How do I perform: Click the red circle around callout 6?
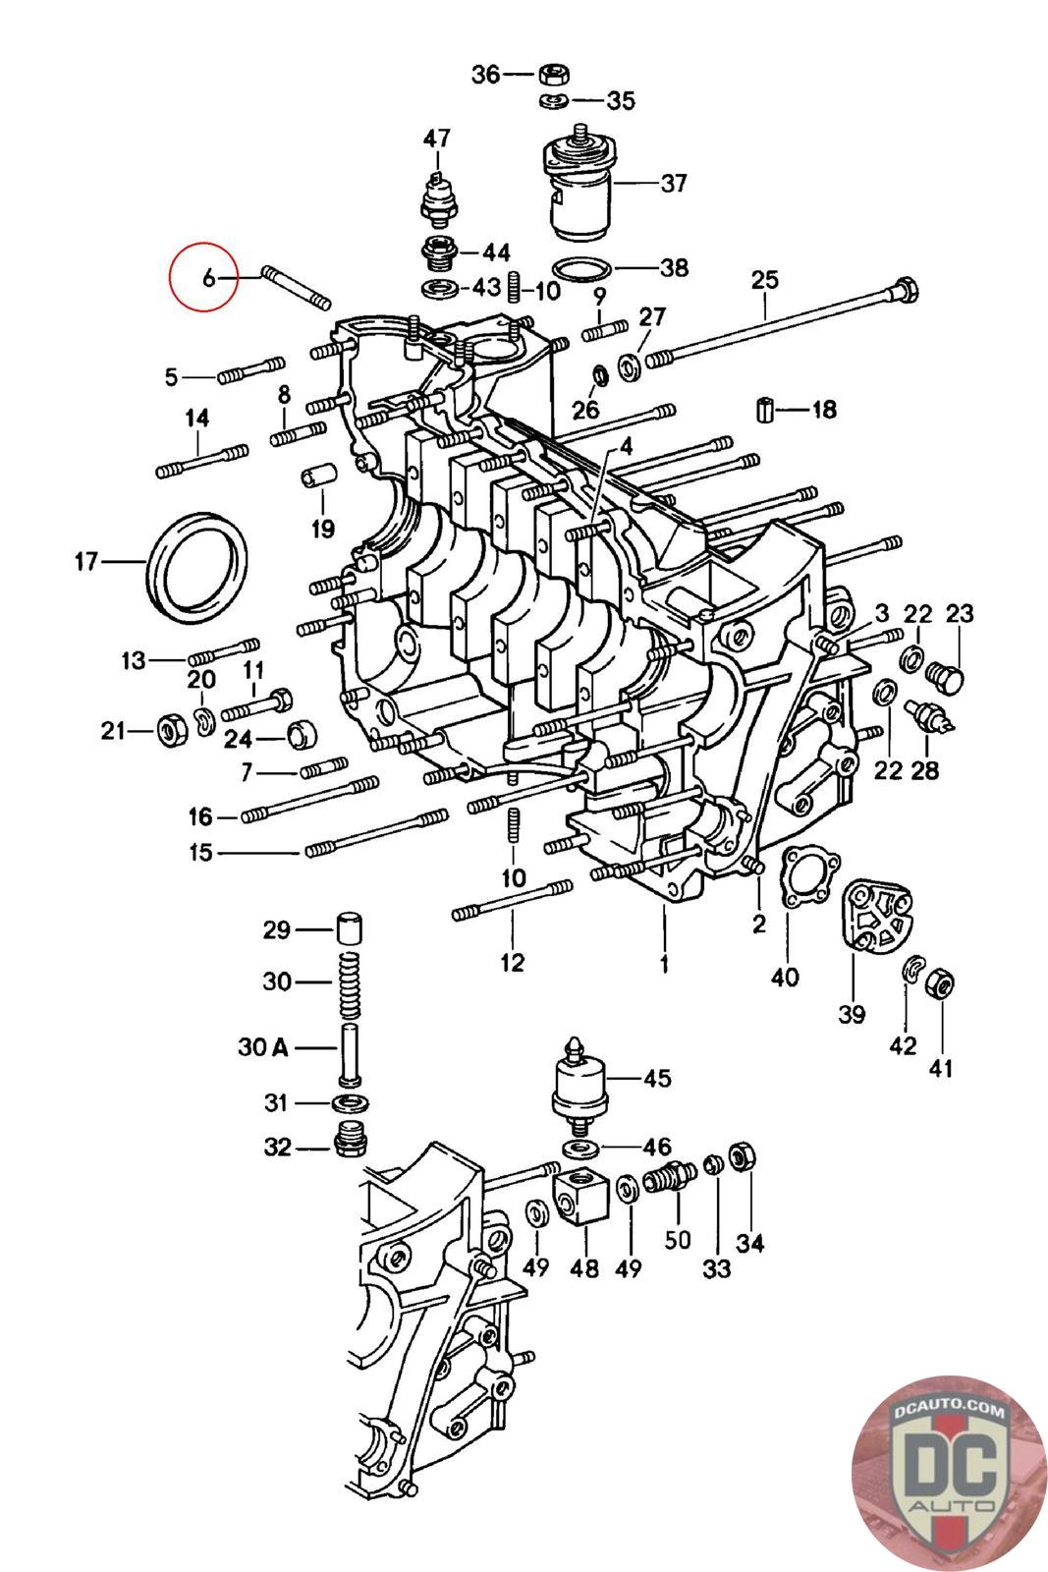[204, 276]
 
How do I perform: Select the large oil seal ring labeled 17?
[195, 566]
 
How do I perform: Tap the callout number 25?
[764, 279]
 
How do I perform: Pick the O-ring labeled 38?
[581, 269]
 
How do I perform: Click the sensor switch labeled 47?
[439, 197]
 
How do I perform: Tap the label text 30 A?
[263, 1047]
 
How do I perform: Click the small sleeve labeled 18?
[766, 410]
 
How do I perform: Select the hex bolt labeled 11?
[257, 705]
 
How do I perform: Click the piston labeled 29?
[350, 930]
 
